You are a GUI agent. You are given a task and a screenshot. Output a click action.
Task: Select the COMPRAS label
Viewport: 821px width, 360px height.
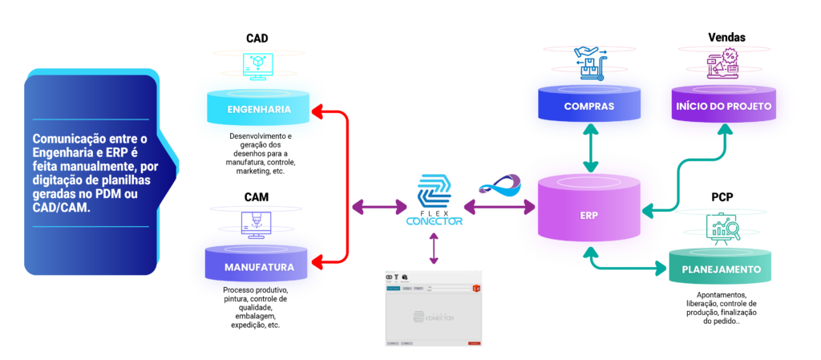[x=589, y=106]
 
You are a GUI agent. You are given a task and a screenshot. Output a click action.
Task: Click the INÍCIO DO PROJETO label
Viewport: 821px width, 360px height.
[x=724, y=106]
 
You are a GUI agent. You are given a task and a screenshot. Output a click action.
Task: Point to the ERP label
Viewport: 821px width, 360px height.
[x=589, y=215]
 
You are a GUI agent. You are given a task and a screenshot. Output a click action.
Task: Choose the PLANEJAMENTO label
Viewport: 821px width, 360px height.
[x=721, y=269]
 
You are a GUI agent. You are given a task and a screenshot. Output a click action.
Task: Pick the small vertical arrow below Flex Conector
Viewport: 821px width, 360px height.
[x=434, y=249]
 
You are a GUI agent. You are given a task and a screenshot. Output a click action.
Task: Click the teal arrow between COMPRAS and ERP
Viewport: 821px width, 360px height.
[x=591, y=149]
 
